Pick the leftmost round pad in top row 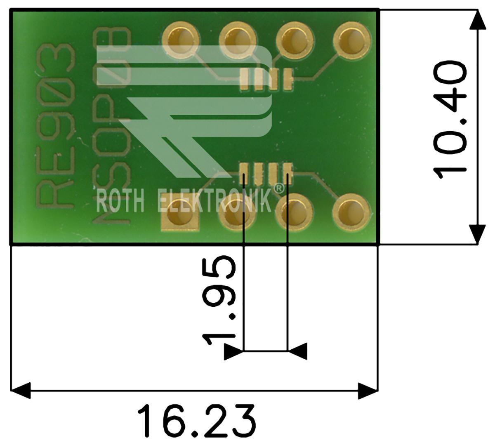pyautogui.click(x=181, y=41)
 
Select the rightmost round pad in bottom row pyautogui.click(x=351, y=212)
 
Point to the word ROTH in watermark pyautogui.click(x=120, y=202)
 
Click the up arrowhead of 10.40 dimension pyautogui.click(x=478, y=19)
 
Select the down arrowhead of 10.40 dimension pyautogui.click(x=478, y=235)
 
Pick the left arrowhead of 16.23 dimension pyautogui.click(x=21, y=391)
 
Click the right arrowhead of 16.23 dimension pyautogui.click(x=368, y=391)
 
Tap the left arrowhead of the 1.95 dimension pyautogui.click(x=234, y=351)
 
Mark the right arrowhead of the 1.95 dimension pyautogui.click(x=297, y=351)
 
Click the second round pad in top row pyautogui.click(x=238, y=41)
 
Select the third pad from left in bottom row pyautogui.click(x=294, y=212)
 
